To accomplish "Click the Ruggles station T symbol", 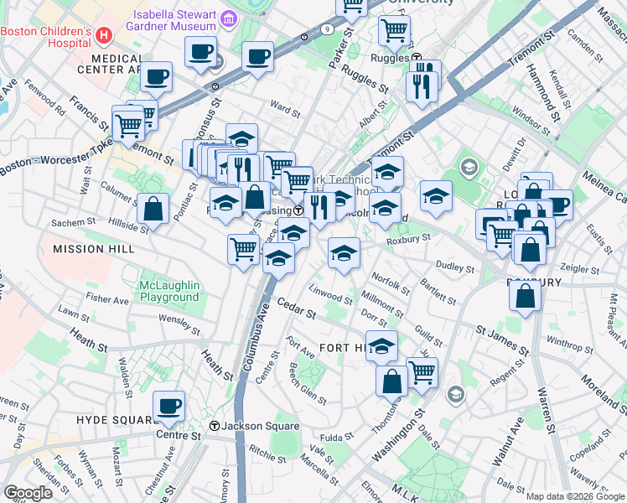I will pyautogui.click(x=417, y=58).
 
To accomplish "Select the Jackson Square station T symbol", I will pyautogui.click(x=215, y=426).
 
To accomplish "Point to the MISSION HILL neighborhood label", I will pyautogui.click(x=93, y=249).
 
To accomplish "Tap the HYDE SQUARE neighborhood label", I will pyautogui.click(x=111, y=418).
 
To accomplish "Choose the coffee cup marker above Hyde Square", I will pyautogui.click(x=169, y=406).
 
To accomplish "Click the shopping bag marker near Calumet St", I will pyautogui.click(x=154, y=210).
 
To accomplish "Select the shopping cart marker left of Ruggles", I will pyautogui.click(x=393, y=31).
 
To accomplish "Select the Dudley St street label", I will pyautogui.click(x=456, y=269).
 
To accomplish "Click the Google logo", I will pyautogui.click(x=28, y=493).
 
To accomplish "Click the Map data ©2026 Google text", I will pyautogui.click(x=574, y=496).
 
